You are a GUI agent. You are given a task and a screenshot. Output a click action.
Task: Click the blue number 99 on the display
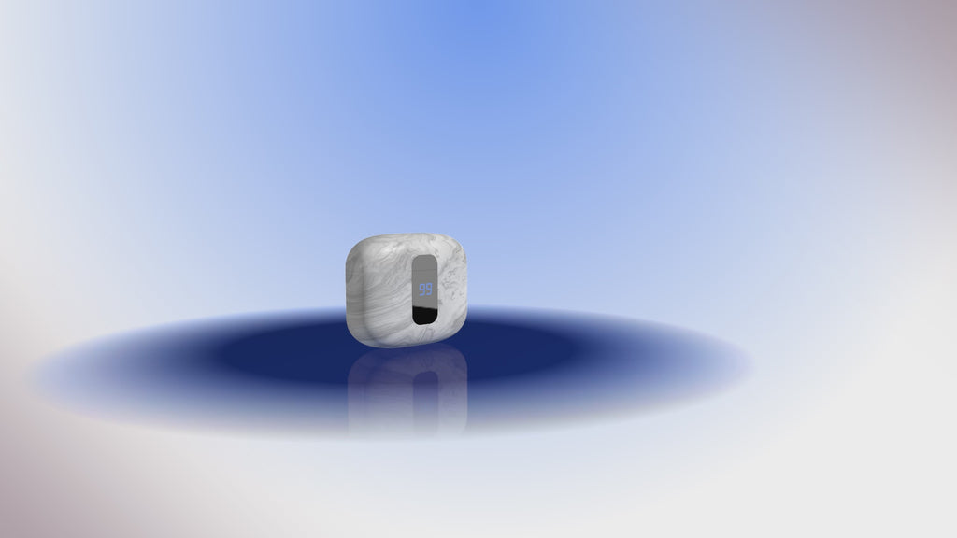pos(425,290)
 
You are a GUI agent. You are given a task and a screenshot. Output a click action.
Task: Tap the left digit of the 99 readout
pos(421,290)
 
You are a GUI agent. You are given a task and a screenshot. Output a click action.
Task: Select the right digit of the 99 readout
pos(429,290)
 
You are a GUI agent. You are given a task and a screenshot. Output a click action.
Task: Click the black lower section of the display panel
pos(425,315)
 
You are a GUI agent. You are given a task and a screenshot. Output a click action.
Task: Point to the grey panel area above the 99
pos(425,268)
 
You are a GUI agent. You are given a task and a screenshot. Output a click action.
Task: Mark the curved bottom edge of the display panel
pos(425,323)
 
